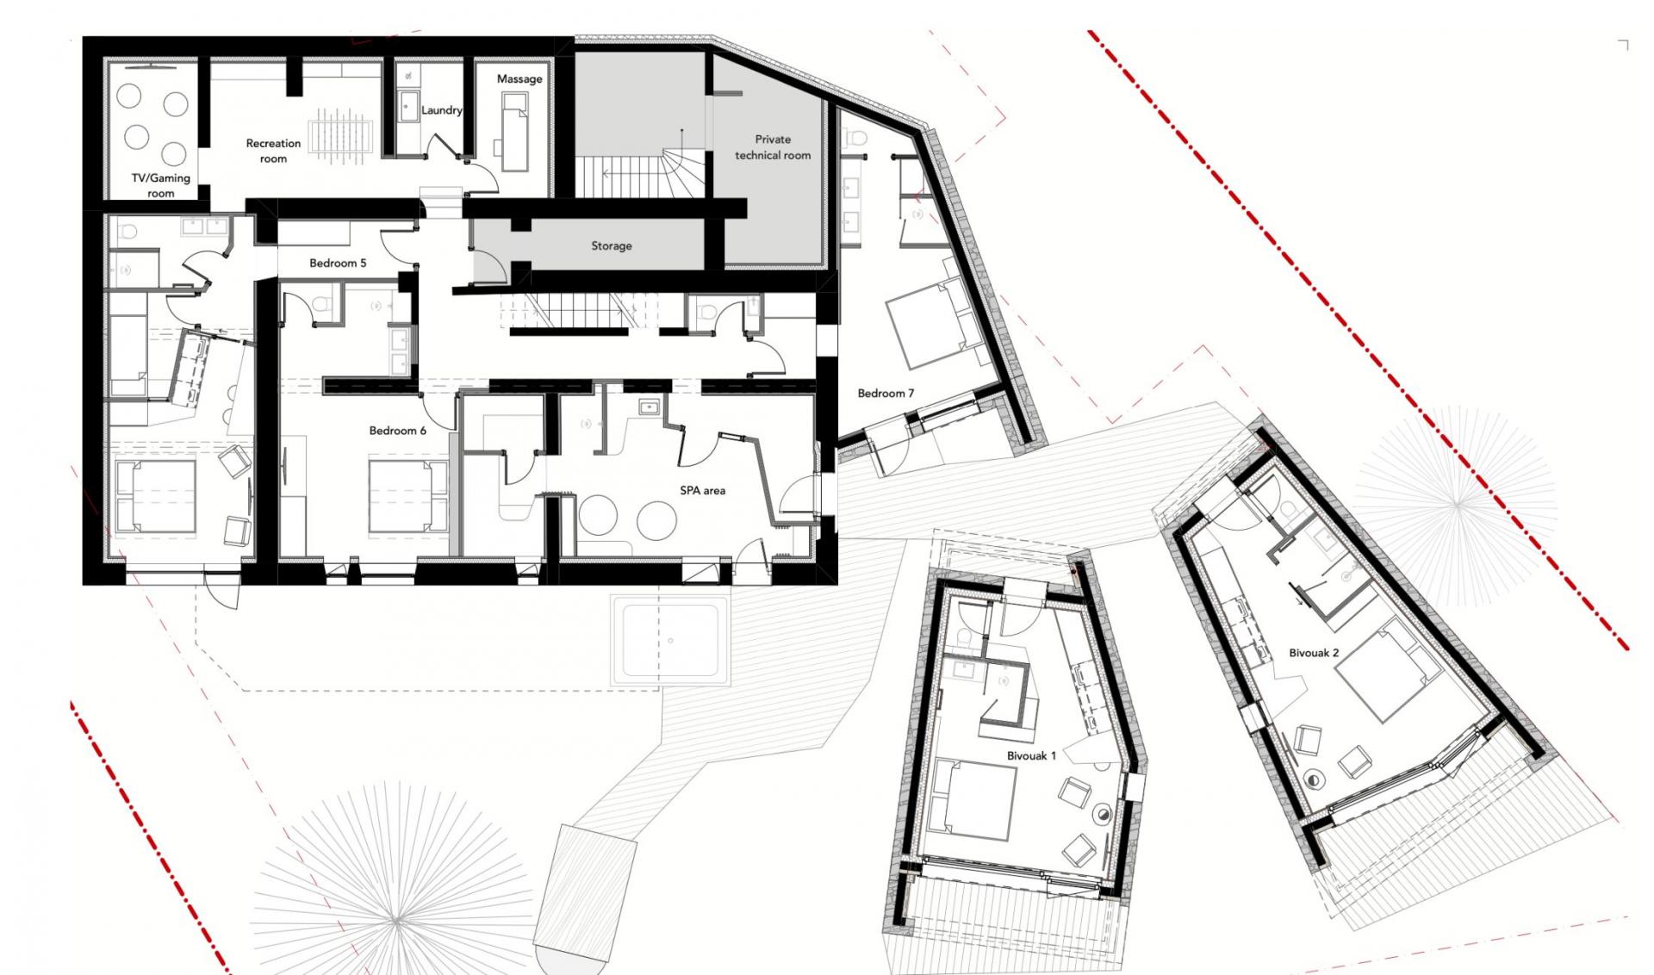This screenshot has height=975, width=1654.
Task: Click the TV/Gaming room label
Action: click(160, 186)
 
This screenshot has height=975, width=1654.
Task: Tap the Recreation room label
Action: click(273, 151)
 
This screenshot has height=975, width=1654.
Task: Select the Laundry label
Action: click(441, 110)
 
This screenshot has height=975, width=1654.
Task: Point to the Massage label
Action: click(519, 79)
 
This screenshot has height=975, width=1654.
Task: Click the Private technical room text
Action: click(773, 147)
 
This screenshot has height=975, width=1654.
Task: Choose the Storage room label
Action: click(612, 246)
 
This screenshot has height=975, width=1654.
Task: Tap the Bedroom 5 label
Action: click(338, 263)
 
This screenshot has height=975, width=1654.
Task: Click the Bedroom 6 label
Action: click(397, 431)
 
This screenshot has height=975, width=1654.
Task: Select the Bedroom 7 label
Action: click(886, 394)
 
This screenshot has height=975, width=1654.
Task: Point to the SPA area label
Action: click(702, 491)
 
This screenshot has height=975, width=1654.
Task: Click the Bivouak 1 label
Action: click(1031, 756)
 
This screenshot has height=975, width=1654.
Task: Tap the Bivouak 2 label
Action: click(1314, 653)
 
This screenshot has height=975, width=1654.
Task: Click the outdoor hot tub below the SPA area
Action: click(671, 641)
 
